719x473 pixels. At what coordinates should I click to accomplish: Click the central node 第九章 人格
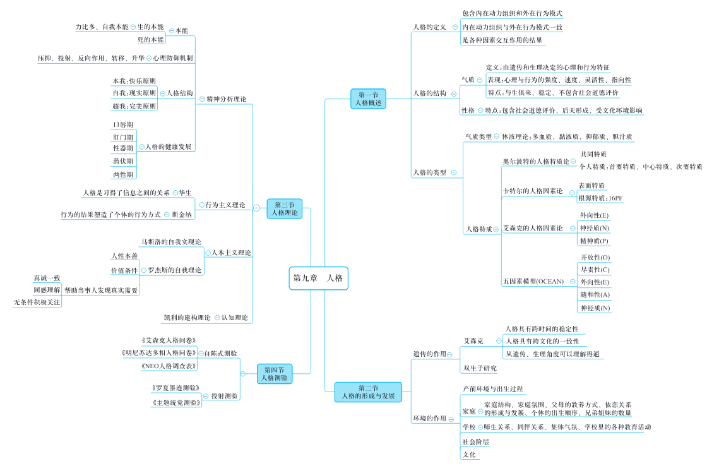pyautogui.click(x=319, y=277)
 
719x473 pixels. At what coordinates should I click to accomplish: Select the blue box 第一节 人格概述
pyautogui.click(x=369, y=99)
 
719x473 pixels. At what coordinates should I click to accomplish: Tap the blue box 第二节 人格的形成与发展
pyautogui.click(x=368, y=392)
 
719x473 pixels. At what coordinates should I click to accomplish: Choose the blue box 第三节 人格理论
pyautogui.click(x=285, y=208)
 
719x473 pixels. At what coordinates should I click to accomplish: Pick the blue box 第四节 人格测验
pyautogui.click(x=275, y=374)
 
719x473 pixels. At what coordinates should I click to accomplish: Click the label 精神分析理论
pyautogui.click(x=227, y=99)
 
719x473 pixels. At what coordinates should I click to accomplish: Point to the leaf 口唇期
pyautogui.click(x=123, y=124)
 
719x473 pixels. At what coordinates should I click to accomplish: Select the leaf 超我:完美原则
pyautogui.click(x=134, y=106)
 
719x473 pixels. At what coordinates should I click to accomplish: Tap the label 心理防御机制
pyautogui.click(x=173, y=58)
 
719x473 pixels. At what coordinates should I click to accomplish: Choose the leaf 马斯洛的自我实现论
pyautogui.click(x=171, y=241)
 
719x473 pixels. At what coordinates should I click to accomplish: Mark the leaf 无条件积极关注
pyautogui.click(x=37, y=302)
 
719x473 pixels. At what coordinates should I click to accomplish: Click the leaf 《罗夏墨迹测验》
pyautogui.click(x=175, y=388)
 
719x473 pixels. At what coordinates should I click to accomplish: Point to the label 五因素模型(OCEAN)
pyautogui.click(x=533, y=282)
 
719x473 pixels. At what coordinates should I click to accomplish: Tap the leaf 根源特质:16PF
pyautogui.click(x=600, y=198)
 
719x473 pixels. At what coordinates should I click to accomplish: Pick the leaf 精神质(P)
pyautogui.click(x=595, y=241)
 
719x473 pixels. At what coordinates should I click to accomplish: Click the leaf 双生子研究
pyautogui.click(x=480, y=368)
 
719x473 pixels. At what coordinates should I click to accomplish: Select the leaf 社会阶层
pyautogui.click(x=475, y=442)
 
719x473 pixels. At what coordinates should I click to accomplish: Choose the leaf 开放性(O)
pyautogui.click(x=595, y=258)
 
